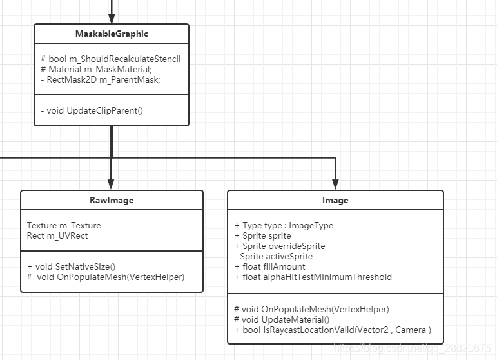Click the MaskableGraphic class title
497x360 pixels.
pyautogui.click(x=111, y=34)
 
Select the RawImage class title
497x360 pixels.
pyautogui.click(x=112, y=200)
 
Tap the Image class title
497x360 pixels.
pyautogui.click(x=335, y=200)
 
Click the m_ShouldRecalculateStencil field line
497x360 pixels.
pyautogui.click(x=110, y=59)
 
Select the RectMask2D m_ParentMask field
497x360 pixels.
pyautogui.click(x=100, y=79)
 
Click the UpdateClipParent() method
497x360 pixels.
pyautogui.click(x=92, y=110)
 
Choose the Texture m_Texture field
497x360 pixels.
pyautogui.click(x=64, y=225)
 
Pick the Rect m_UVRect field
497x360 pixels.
pyautogui.click(x=57, y=235)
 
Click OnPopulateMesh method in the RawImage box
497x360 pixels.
pyautogui.click(x=106, y=277)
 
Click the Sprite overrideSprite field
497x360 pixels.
pyautogui.click(x=280, y=246)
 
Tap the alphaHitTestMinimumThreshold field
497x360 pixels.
pyautogui.click(x=313, y=277)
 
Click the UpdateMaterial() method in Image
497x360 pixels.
pyautogui.click(x=282, y=319)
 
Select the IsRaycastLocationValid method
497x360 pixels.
pyautogui.click(x=333, y=330)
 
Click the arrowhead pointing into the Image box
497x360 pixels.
pyautogui.click(x=335, y=185)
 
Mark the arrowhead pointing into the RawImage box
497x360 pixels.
pyautogui.click(x=112, y=185)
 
